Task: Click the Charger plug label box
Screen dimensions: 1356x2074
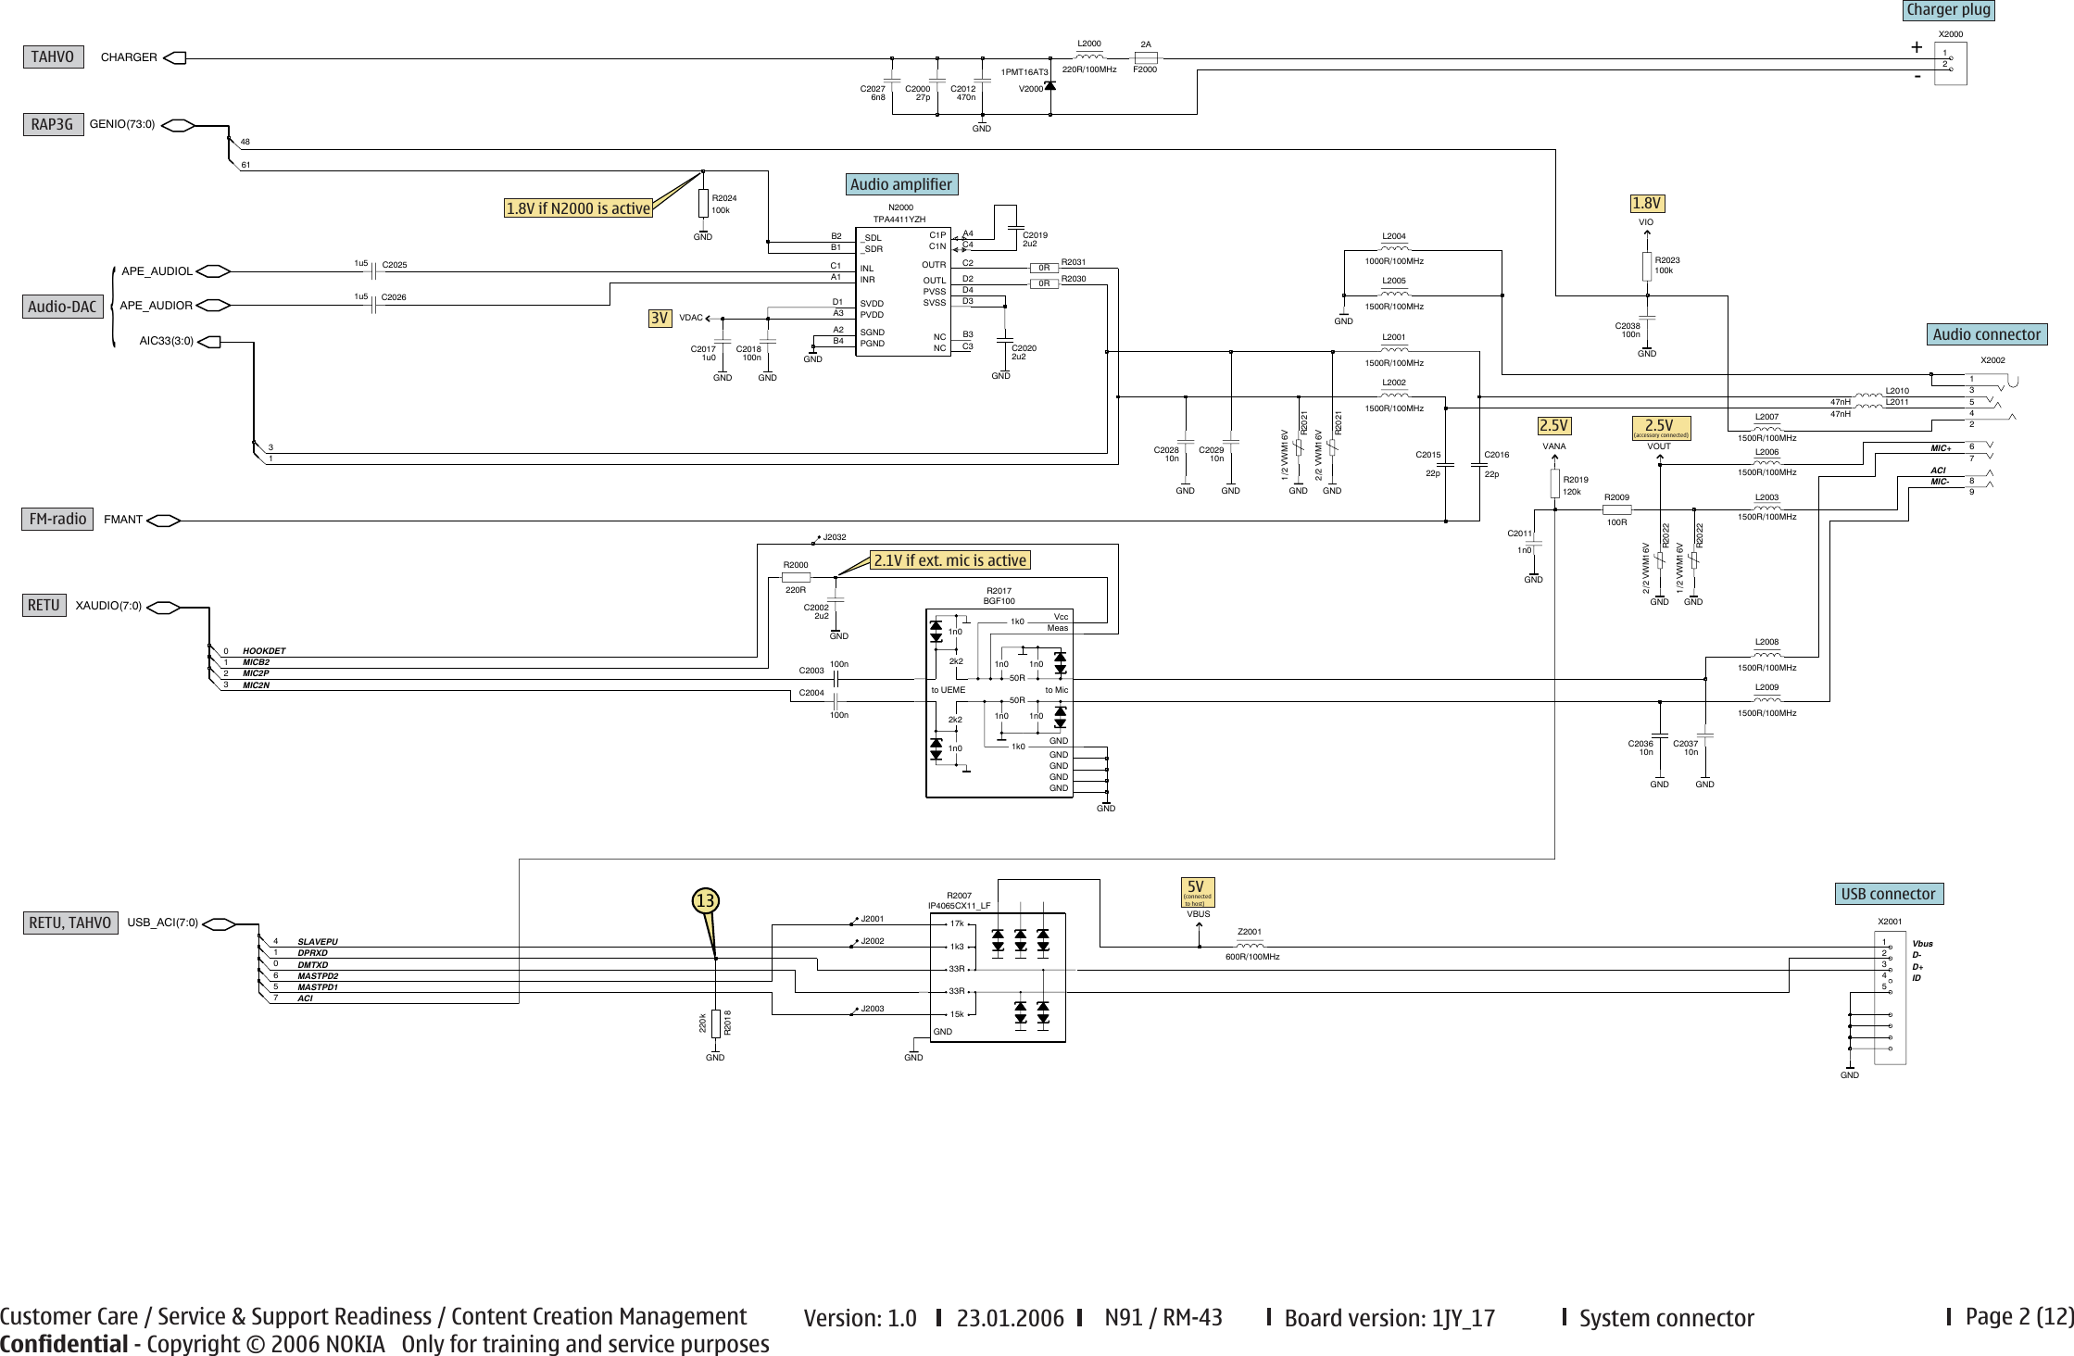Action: (1948, 10)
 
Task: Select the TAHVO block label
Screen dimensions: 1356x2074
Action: (52, 57)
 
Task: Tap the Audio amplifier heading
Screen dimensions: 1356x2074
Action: (900, 184)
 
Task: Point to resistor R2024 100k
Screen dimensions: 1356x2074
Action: (703, 204)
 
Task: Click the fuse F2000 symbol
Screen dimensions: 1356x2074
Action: (1146, 57)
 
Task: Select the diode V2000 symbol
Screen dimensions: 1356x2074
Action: (1050, 86)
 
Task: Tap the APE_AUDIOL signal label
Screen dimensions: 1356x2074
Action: (157, 271)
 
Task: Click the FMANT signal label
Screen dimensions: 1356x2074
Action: (123, 520)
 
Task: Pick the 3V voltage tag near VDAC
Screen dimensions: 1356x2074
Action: (659, 319)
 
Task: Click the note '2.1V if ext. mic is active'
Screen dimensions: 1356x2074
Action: (949, 560)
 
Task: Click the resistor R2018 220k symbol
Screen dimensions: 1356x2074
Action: (715, 1023)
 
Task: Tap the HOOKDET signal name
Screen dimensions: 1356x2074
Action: (264, 651)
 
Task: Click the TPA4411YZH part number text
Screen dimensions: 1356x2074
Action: (899, 220)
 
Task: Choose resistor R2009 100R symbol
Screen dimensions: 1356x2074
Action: (1616, 509)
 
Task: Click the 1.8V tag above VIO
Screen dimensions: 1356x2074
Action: (1646, 203)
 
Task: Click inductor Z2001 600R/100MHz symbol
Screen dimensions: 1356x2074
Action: (1251, 946)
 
